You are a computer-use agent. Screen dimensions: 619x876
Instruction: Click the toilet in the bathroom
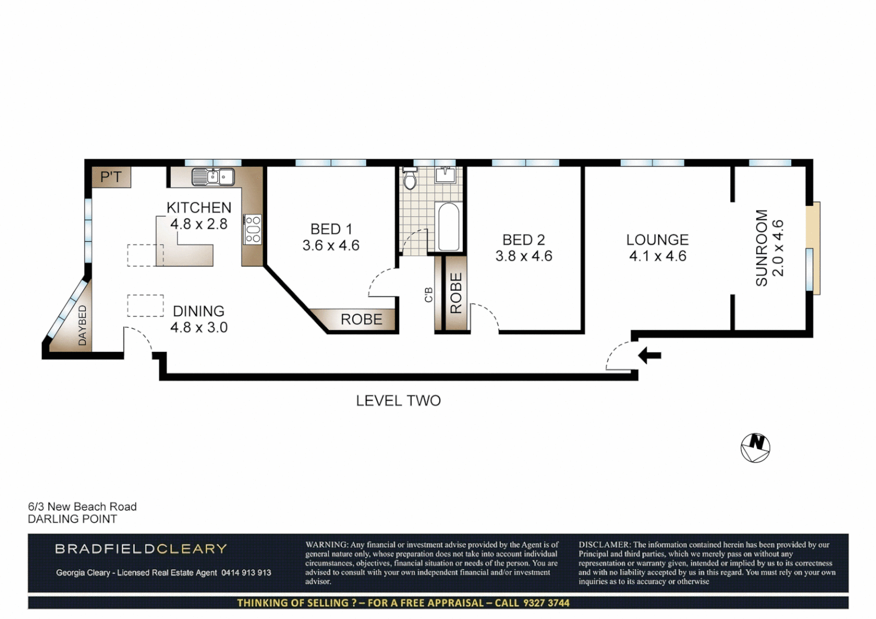pyautogui.click(x=409, y=179)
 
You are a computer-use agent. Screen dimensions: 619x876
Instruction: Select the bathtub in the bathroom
pyautogui.click(x=449, y=227)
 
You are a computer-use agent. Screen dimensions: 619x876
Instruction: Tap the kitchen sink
pyautogui.click(x=213, y=177)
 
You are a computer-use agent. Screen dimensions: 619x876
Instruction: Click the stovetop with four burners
pyautogui.click(x=252, y=229)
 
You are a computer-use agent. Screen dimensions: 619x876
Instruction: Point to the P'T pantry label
pyautogui.click(x=111, y=177)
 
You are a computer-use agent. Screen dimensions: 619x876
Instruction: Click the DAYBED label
pyautogui.click(x=82, y=326)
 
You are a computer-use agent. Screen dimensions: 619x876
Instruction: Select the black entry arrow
pyautogui.click(x=650, y=355)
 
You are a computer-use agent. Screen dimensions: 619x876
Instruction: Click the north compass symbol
pyautogui.click(x=755, y=448)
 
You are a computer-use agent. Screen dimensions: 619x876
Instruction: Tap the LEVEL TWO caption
pyautogui.click(x=398, y=401)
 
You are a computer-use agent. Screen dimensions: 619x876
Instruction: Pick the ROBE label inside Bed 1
pyautogui.click(x=361, y=319)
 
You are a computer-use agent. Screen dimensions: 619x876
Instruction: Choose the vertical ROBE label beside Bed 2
pyautogui.click(x=456, y=293)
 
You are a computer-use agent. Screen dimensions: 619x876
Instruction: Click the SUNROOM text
pyautogui.click(x=761, y=248)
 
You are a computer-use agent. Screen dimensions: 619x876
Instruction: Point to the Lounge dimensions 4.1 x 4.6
pyautogui.click(x=658, y=256)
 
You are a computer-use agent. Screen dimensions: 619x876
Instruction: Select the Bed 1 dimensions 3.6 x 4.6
pyautogui.click(x=331, y=245)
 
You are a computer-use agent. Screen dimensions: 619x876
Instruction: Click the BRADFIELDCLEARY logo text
pyautogui.click(x=141, y=549)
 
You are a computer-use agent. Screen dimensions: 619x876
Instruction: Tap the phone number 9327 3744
pyautogui.click(x=546, y=602)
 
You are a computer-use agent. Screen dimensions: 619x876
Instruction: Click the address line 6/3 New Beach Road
pyautogui.click(x=83, y=507)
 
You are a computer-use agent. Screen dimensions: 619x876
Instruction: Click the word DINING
pyautogui.click(x=199, y=311)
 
